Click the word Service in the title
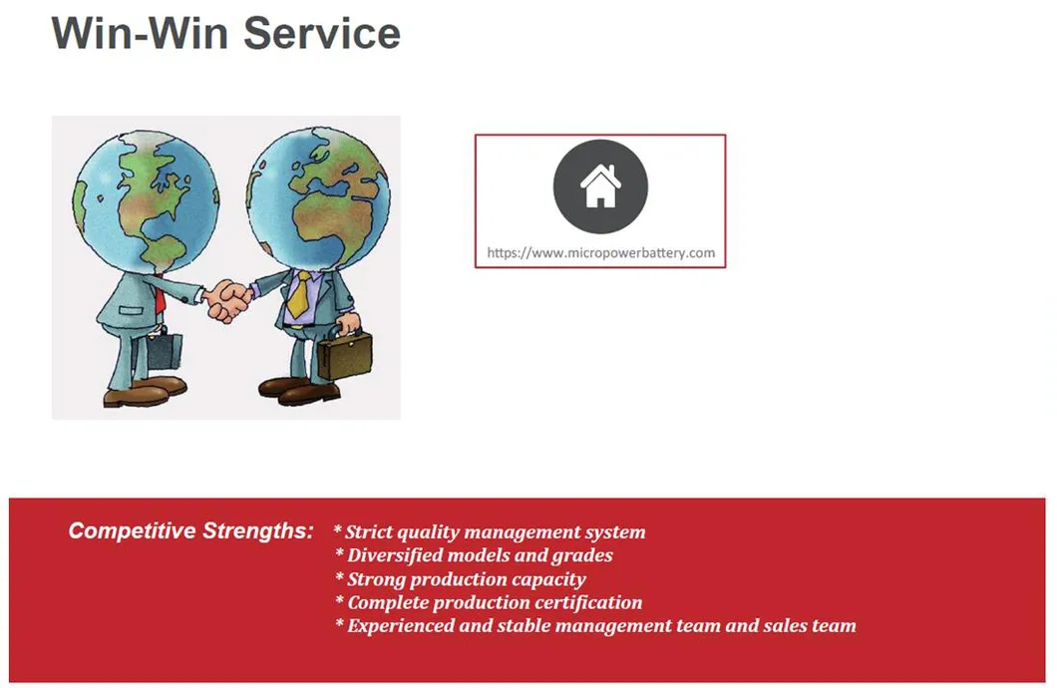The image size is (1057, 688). (321, 32)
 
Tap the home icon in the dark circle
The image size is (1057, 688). (600, 186)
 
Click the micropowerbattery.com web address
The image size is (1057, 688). (600, 252)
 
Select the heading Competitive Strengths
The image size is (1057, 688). (190, 531)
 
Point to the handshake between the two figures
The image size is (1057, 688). (227, 300)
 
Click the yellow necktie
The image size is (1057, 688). (298, 294)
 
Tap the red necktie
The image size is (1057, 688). (160, 294)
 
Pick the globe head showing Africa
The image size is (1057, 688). (318, 198)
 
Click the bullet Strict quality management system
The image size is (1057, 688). (490, 532)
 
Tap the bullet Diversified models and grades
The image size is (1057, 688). (474, 555)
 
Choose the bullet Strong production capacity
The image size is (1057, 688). (461, 579)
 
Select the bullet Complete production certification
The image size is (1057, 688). (489, 601)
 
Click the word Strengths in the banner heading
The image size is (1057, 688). (258, 531)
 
